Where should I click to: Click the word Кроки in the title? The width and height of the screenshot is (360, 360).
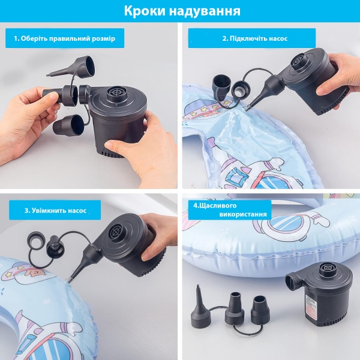[145, 11]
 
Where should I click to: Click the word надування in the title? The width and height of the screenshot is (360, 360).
[205, 11]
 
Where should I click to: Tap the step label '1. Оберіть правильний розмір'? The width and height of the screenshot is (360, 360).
[65, 38]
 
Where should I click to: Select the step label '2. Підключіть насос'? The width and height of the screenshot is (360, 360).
[255, 38]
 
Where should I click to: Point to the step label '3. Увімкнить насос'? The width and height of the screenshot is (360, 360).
[55, 211]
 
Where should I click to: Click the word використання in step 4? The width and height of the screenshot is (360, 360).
[243, 214]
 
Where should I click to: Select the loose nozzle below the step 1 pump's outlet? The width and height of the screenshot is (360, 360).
[68, 125]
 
